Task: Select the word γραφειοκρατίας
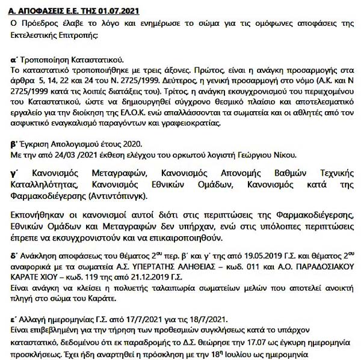click(194, 124)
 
